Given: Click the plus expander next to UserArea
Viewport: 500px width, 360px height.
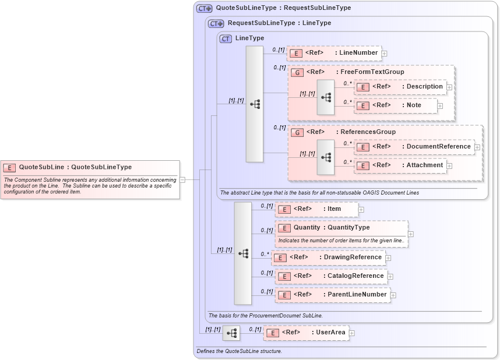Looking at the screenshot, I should click(352, 333).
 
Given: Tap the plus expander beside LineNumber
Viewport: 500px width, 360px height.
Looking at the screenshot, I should click(385, 54).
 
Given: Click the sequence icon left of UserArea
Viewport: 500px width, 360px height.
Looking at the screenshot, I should click(232, 333).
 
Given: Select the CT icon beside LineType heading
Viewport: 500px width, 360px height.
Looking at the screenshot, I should click(226, 38).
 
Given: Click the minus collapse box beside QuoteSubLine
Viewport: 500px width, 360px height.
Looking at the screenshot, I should click(182, 179).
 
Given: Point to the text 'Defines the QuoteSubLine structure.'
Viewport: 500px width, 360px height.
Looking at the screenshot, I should click(240, 351).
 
